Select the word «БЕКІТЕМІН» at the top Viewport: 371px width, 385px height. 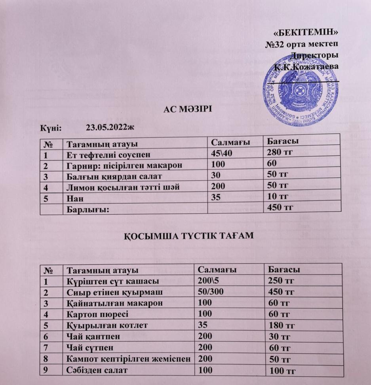point(307,32)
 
